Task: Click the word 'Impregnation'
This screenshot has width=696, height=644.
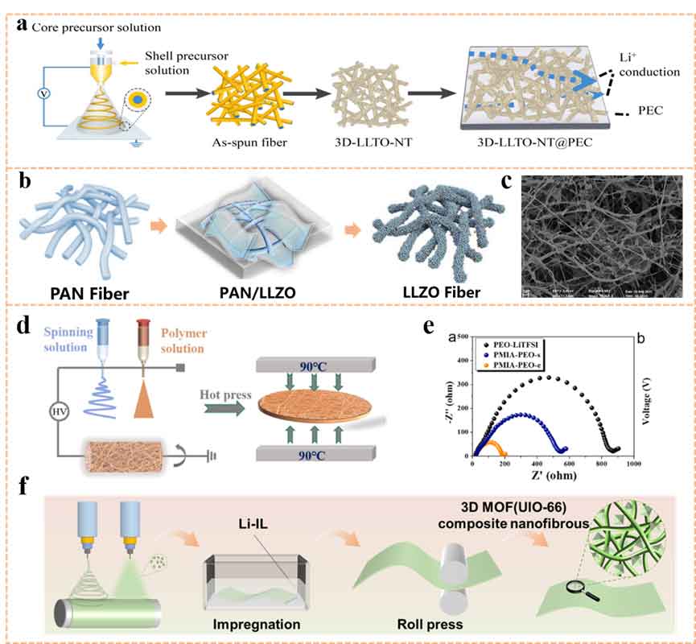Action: pos(257,624)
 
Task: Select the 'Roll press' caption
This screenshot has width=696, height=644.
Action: pos(422,624)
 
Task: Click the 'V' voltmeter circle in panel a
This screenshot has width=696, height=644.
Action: pos(43,93)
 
